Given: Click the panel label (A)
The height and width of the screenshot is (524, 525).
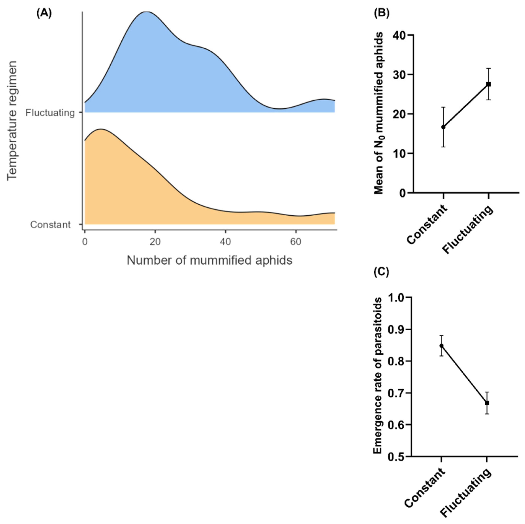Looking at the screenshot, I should click(44, 13).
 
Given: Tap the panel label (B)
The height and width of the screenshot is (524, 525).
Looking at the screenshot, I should click(382, 13).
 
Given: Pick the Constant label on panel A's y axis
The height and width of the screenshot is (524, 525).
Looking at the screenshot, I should click(50, 225).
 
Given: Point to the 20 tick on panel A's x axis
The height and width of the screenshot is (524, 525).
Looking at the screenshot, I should click(155, 241).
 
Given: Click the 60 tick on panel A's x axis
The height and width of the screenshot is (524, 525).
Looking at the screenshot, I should click(296, 241).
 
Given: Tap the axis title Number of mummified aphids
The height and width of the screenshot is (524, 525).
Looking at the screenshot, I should click(209, 260).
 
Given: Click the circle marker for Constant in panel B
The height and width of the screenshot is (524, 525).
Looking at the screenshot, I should click(443, 127).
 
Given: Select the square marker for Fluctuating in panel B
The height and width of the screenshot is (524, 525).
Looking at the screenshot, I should click(489, 84).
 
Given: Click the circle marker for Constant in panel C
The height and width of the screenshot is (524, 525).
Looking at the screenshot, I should click(442, 346).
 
